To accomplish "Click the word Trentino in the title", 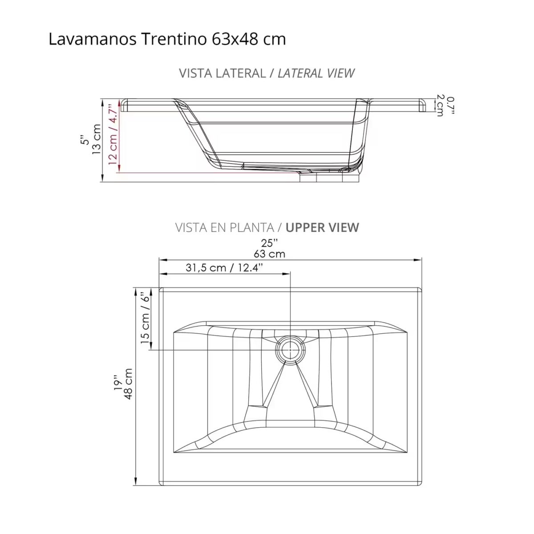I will (174, 39).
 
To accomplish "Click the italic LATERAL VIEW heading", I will (316, 73).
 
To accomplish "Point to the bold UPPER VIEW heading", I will (322, 227).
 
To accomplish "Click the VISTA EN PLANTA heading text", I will (224, 227).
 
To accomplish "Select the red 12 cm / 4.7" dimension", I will (114, 135).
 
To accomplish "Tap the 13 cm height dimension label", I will (97, 139).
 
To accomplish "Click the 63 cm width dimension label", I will (269, 254).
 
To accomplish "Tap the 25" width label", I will (269, 243).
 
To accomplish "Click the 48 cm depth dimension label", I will (128, 384).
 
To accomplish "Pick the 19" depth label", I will (117, 384).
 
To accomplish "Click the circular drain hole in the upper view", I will (290, 350).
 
